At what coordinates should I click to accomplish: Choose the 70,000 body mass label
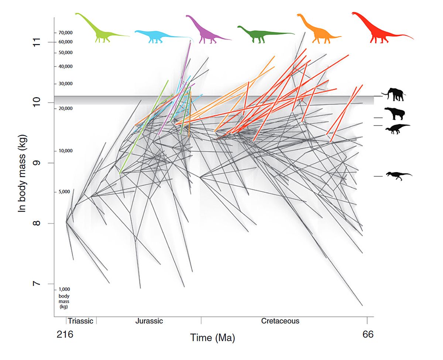65,33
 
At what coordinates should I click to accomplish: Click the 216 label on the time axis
65,335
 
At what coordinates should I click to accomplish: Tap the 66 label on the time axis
368,335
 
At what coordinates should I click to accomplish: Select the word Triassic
81,321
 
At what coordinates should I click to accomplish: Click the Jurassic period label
149,321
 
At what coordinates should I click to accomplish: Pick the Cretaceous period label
280,321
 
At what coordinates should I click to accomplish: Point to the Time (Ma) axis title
212,337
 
